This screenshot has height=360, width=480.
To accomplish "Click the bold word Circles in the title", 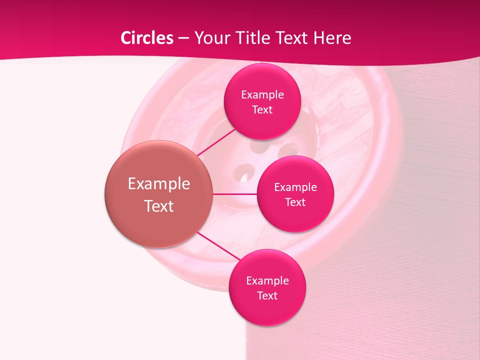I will tap(147, 38).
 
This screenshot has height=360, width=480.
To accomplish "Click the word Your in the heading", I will tap(212, 38).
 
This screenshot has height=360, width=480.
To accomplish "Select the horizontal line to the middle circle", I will tap(235, 194).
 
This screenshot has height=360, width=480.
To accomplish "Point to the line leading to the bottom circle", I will tap(219, 247).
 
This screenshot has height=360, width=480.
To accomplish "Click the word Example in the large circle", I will tap(159, 184).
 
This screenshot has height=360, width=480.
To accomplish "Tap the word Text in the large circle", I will tap(159, 206).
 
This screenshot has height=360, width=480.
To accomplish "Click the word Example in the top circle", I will tap(262, 95).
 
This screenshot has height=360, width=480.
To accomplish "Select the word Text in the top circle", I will tap(262, 109).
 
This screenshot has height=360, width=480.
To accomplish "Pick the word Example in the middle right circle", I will tap(295, 187).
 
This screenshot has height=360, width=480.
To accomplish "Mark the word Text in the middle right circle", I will tap(295, 202).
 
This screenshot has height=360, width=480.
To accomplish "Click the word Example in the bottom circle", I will tap(267, 281).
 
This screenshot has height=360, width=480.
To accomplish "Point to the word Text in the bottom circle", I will tap(267, 295).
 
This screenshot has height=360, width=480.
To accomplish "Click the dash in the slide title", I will tap(183, 38).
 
